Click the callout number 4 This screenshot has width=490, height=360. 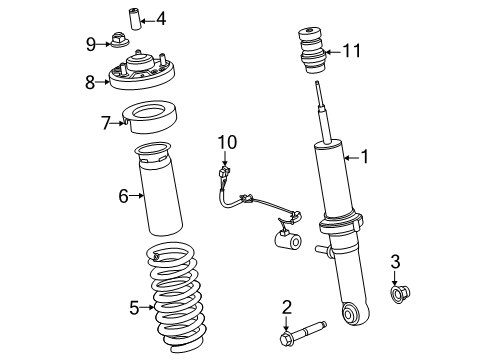click(161, 19)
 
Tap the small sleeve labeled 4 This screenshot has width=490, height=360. click(135, 20)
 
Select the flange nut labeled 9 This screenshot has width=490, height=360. click(120, 40)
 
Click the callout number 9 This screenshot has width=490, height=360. click(91, 44)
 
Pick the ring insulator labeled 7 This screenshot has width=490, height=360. click(150, 117)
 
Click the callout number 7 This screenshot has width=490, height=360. click(106, 123)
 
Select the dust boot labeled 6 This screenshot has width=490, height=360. click(158, 188)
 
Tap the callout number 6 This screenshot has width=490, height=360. click(123, 196)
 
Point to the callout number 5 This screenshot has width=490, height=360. click(134, 307)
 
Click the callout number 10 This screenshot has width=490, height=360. click(227, 142)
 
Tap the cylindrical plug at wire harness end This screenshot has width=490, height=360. click(288, 240)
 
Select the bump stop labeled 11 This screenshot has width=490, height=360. click(312, 52)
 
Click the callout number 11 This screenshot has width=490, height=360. click(352, 51)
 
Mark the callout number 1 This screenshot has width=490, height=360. click(365, 156)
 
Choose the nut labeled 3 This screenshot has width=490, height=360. click(400, 294)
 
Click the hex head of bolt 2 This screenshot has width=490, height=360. click(287, 338)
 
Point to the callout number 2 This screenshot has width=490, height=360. click(287, 307)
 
